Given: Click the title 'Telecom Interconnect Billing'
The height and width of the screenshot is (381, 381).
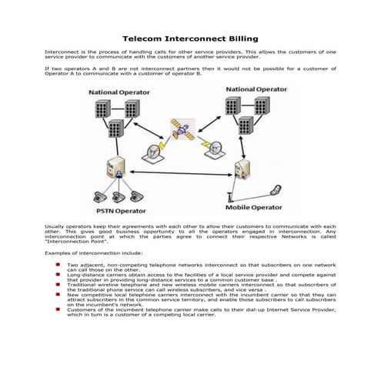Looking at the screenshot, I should [190, 38].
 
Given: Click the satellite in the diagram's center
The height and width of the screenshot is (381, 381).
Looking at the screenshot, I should [182, 130].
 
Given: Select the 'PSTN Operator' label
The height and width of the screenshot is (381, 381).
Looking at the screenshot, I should [120, 209].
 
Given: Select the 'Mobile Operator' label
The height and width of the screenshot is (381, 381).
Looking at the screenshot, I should [257, 207].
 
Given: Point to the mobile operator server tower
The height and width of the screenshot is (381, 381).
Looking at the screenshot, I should [242, 166].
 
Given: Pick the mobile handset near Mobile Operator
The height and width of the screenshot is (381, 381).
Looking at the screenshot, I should [276, 188].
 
